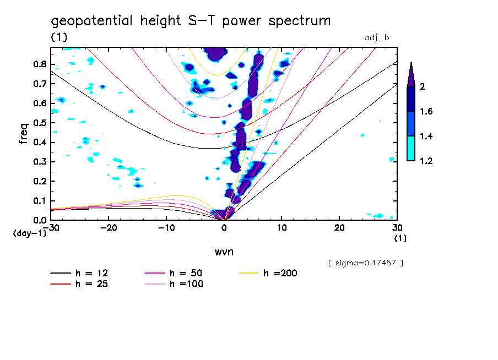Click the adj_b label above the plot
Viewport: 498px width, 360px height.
coord(377,37)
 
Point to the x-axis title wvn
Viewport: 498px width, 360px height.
coord(224,252)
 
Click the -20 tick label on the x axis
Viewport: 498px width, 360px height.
coord(109,227)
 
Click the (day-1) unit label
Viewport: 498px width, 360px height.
coord(29,233)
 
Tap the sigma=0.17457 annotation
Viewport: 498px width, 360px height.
coord(366,263)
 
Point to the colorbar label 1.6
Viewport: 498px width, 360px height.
coord(426,112)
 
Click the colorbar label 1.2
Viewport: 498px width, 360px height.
coord(426,161)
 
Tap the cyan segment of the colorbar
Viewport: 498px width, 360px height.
coord(411,148)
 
